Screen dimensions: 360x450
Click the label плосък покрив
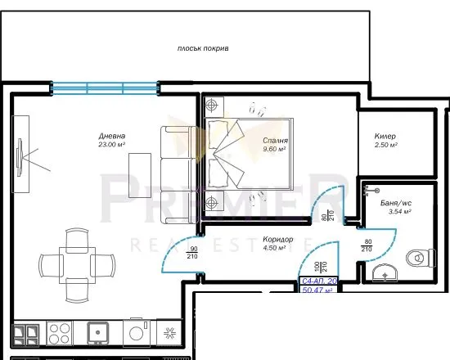(x=203, y=49)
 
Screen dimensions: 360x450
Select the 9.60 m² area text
(x=274, y=150)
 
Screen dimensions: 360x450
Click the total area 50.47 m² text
(x=318, y=290)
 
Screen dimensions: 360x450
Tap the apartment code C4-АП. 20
(x=318, y=280)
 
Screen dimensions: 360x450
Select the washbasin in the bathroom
(x=383, y=270)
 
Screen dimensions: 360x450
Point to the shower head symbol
(x=367, y=191)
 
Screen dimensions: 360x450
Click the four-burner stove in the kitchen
(x=60, y=332)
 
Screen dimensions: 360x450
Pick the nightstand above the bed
(x=214, y=106)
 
